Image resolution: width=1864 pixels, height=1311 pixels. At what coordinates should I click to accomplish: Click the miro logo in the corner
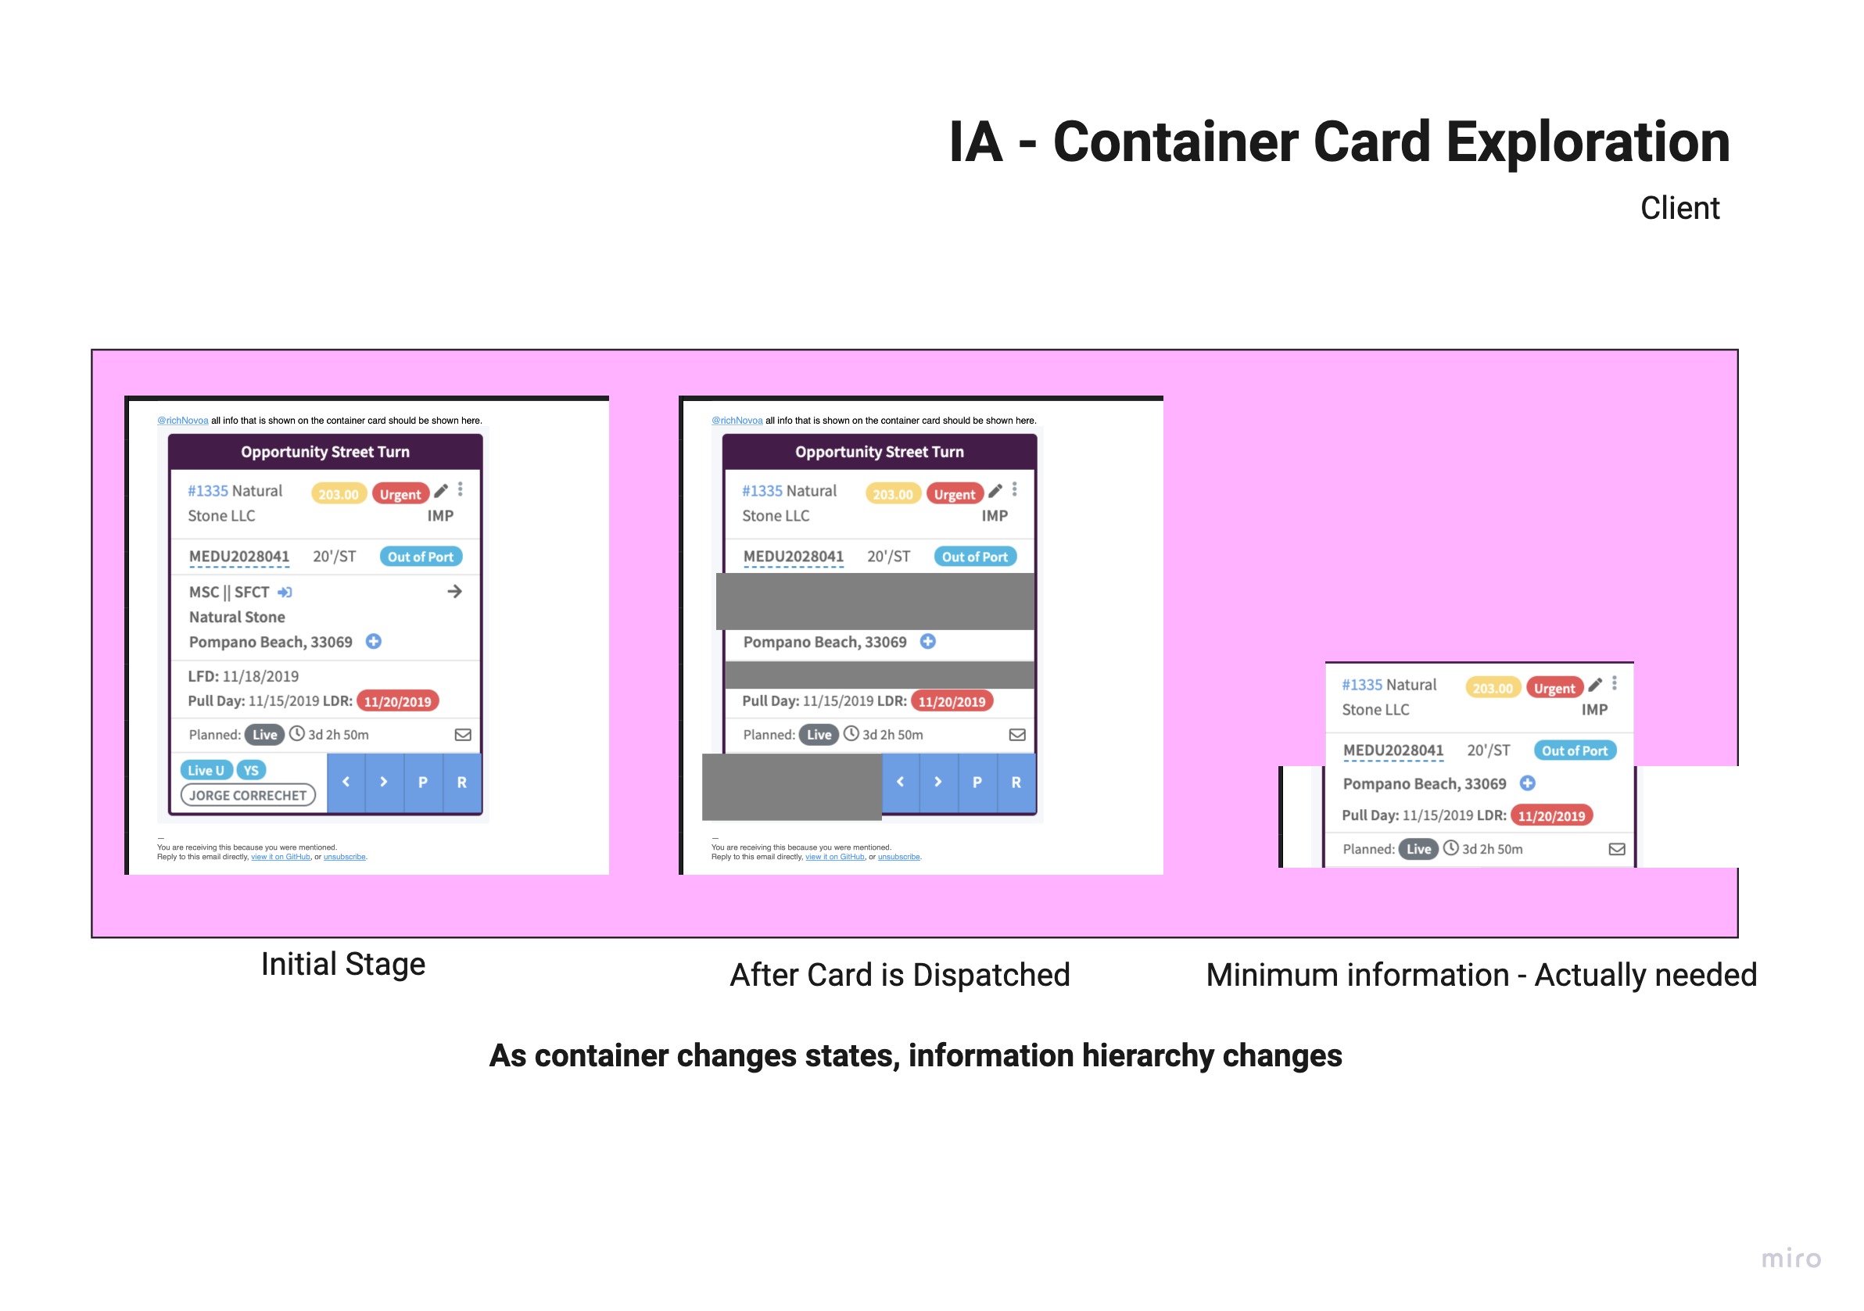point(1791,1259)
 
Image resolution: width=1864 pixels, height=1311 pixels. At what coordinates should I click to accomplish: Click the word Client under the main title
point(1679,209)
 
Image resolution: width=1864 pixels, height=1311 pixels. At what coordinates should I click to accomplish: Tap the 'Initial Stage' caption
point(342,965)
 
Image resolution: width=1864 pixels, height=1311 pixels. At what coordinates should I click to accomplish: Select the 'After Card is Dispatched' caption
point(899,975)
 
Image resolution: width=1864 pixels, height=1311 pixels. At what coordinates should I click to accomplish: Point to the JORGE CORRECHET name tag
point(248,796)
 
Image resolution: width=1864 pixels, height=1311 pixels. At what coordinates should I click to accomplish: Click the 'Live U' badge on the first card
point(206,770)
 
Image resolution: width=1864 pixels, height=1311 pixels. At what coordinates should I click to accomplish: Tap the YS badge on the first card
point(251,770)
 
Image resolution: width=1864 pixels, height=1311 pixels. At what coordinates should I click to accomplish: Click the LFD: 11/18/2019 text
point(243,676)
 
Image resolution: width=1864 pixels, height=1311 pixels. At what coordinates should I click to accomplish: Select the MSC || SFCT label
point(229,593)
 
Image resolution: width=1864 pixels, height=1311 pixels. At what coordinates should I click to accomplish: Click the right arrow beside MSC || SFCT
point(454,592)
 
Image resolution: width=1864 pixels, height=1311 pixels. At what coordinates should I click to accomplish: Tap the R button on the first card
point(462,783)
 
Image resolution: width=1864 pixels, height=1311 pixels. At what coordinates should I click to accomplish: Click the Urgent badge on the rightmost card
point(1554,689)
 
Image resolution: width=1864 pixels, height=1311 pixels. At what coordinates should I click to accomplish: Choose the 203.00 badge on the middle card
point(892,494)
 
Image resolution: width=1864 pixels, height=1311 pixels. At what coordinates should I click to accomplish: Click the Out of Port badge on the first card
point(421,557)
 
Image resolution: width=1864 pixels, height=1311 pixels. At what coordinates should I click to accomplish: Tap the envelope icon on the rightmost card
point(1616,849)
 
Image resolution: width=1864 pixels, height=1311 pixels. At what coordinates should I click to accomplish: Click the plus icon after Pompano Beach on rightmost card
point(1527,783)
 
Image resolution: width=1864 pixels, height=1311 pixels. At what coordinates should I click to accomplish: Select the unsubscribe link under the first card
point(344,858)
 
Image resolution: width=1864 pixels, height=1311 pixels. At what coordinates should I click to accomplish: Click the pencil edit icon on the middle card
point(995,490)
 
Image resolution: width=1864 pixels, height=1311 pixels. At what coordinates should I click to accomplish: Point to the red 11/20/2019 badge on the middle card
point(952,701)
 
